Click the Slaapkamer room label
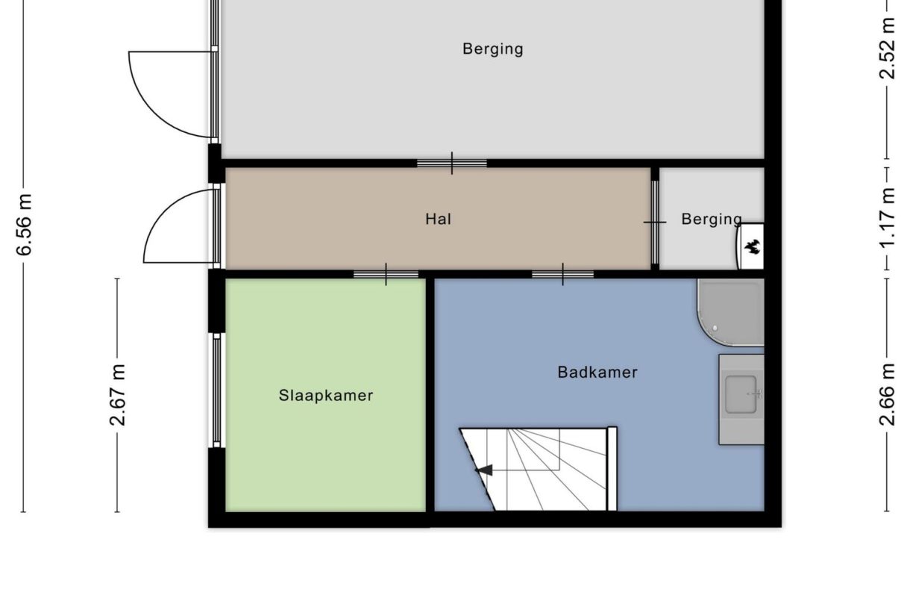click(326, 396)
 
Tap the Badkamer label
click(597, 372)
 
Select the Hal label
click(438, 219)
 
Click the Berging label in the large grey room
click(492, 49)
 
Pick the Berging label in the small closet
click(711, 219)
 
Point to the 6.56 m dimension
click(25, 224)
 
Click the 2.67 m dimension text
click(118, 395)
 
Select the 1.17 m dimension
click(886, 219)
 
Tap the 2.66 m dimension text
click(886, 394)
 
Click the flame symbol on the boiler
click(752, 246)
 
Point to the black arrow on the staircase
click(485, 470)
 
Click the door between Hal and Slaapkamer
click(386, 274)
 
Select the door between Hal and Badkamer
click(562, 274)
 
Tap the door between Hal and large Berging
click(451, 163)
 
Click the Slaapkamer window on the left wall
click(216, 390)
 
